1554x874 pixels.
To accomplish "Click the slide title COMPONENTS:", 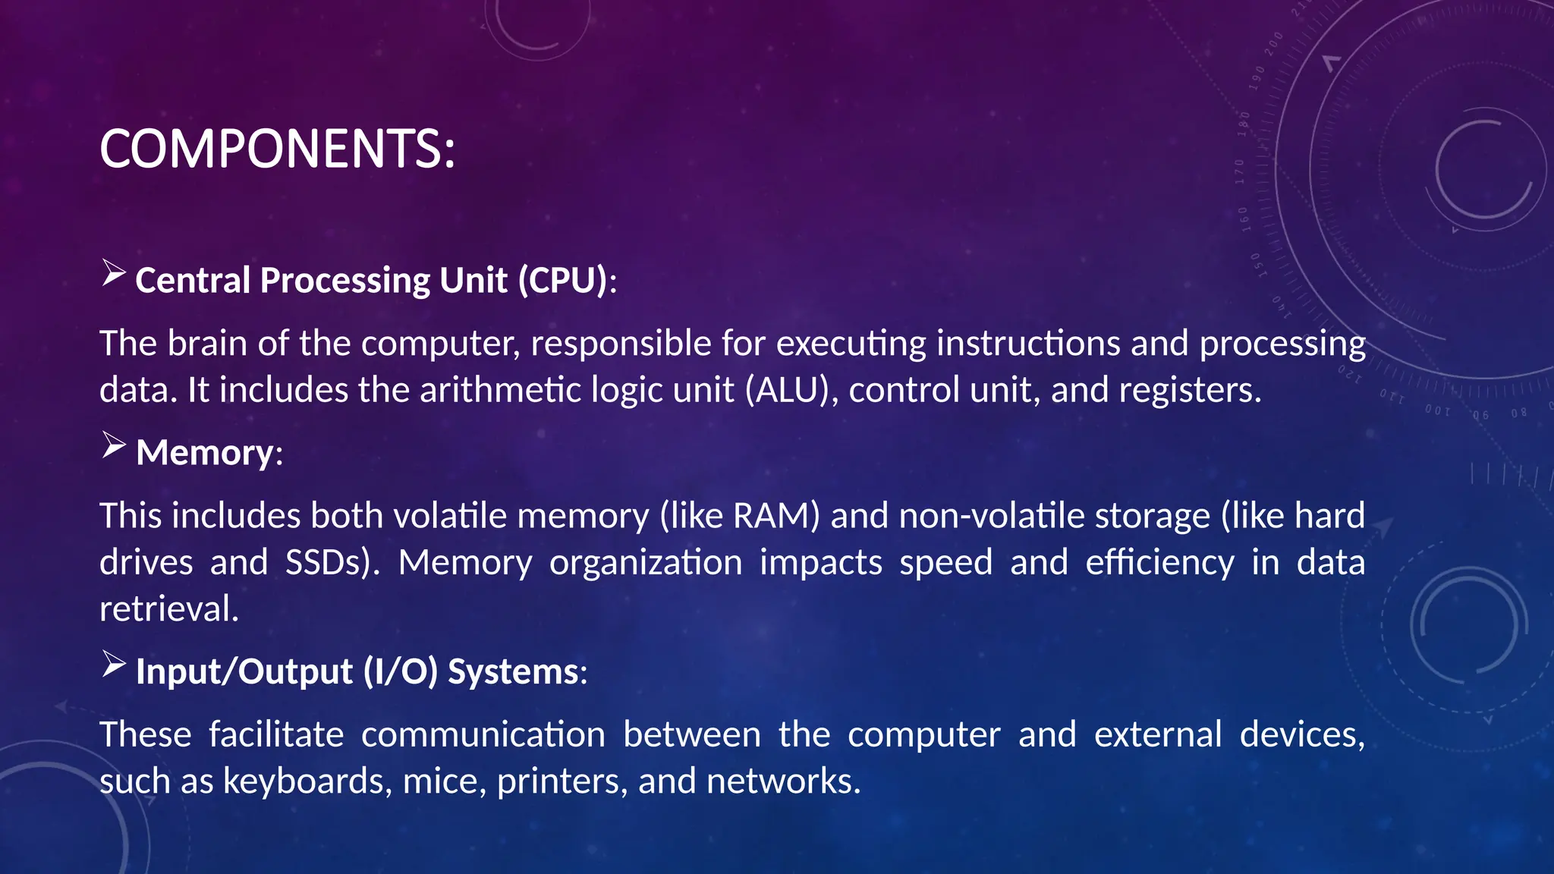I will pyautogui.click(x=277, y=149).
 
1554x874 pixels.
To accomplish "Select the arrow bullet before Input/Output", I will pyautogui.click(x=113, y=665).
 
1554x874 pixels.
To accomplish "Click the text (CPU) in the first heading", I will pyautogui.click(x=563, y=281).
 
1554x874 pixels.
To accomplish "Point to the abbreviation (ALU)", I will pyautogui.click(x=791, y=390).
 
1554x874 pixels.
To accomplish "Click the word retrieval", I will pyautogui.click(x=169, y=609).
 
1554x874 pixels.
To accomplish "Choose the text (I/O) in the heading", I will pyautogui.click(x=400, y=672).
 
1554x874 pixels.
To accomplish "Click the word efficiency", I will pyautogui.click(x=1159, y=563).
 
